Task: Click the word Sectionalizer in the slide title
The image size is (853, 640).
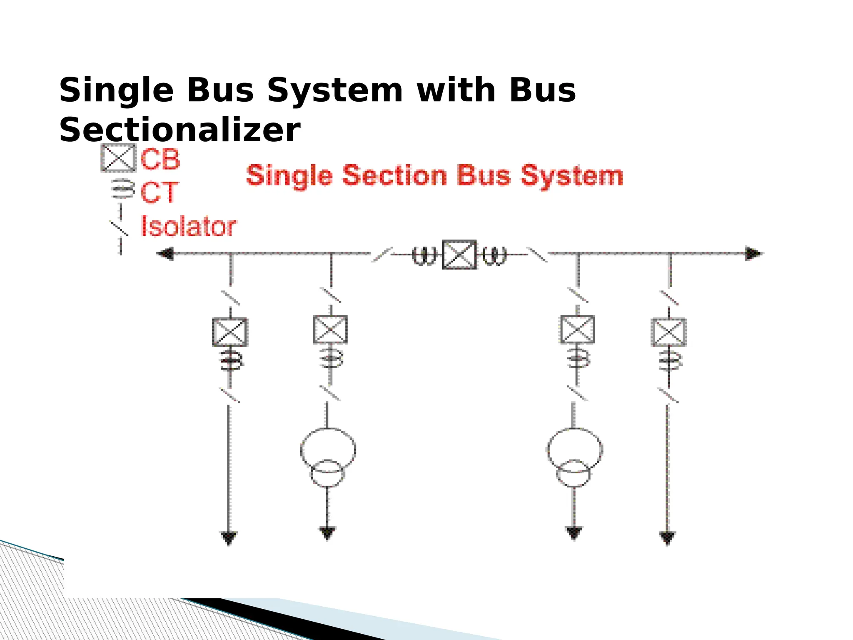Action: pyautogui.click(x=180, y=130)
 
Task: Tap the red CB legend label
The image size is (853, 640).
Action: pyautogui.click(x=160, y=159)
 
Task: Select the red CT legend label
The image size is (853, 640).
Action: pyautogui.click(x=160, y=192)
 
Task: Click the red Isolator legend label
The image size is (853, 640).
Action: pyautogui.click(x=189, y=227)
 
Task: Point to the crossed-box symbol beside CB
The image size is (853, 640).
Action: pyautogui.click(x=118, y=158)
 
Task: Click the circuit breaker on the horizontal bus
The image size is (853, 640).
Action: pyautogui.click(x=459, y=254)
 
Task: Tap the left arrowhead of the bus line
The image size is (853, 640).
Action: pyautogui.click(x=165, y=253)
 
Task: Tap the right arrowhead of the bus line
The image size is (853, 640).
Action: pyautogui.click(x=753, y=253)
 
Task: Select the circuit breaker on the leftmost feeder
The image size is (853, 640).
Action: pyautogui.click(x=230, y=332)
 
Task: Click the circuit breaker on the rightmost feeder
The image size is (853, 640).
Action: pyautogui.click(x=668, y=332)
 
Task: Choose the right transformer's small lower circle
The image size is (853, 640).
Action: pyautogui.click(x=574, y=474)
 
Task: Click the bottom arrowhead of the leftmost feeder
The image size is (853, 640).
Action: pyautogui.click(x=229, y=538)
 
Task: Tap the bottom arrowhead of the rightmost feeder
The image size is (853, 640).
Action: pyautogui.click(x=667, y=538)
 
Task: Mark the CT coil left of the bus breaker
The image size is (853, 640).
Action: pyautogui.click(x=424, y=255)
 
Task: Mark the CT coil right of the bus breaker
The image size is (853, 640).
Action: pyautogui.click(x=494, y=255)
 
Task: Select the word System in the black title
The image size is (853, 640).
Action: pyautogui.click(x=335, y=90)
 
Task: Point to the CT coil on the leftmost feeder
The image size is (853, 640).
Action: pyautogui.click(x=231, y=360)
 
